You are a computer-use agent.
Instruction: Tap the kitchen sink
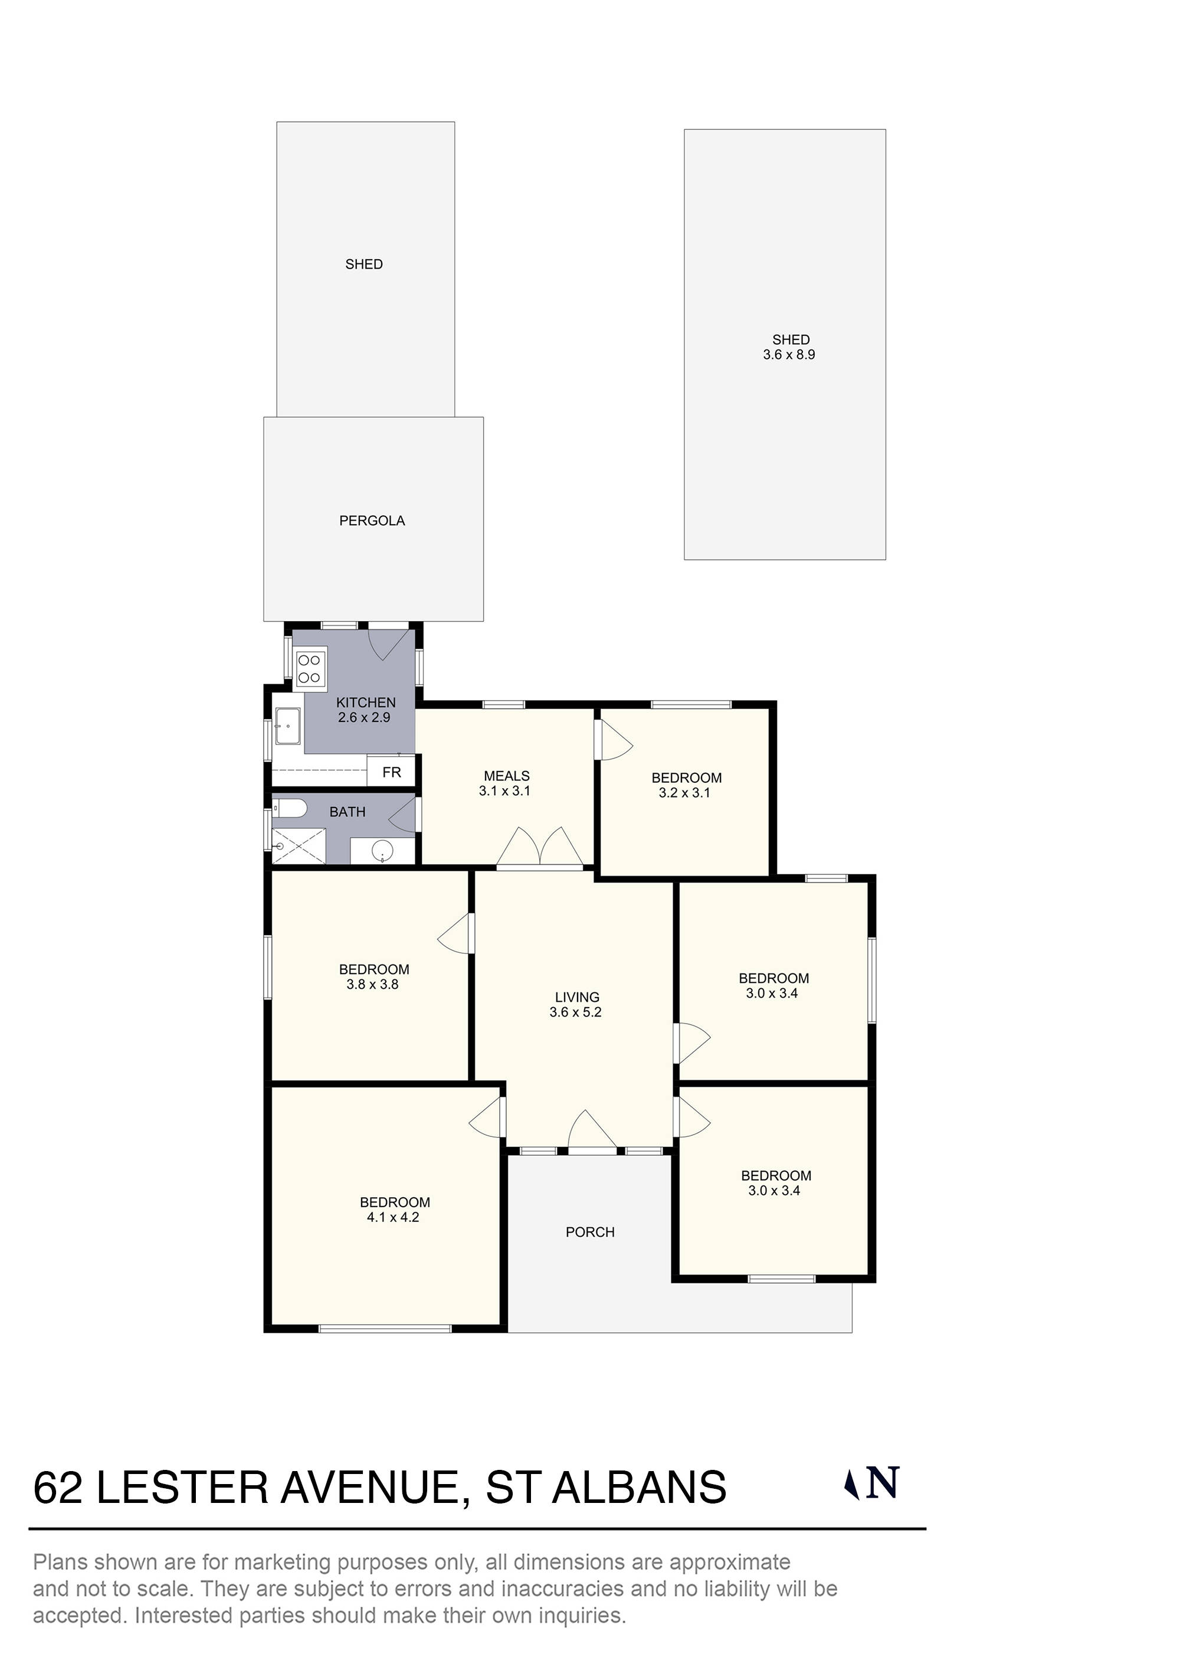pyautogui.click(x=288, y=726)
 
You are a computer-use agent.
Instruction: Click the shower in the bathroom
pyautogui.click(x=299, y=846)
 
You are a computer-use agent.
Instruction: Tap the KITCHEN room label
pyautogui.click(x=366, y=702)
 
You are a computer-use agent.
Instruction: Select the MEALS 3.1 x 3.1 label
pyautogui.click(x=506, y=783)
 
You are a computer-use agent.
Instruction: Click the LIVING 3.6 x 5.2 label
pyautogui.click(x=576, y=1005)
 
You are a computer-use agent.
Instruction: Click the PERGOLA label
pyautogui.click(x=372, y=521)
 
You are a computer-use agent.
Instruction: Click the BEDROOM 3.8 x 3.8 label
pyautogui.click(x=373, y=977)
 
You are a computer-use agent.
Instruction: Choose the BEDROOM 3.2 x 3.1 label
pyautogui.click(x=686, y=786)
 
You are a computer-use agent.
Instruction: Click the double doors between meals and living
pyautogui.click(x=539, y=849)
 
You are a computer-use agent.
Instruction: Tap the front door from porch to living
pyautogui.click(x=592, y=1134)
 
